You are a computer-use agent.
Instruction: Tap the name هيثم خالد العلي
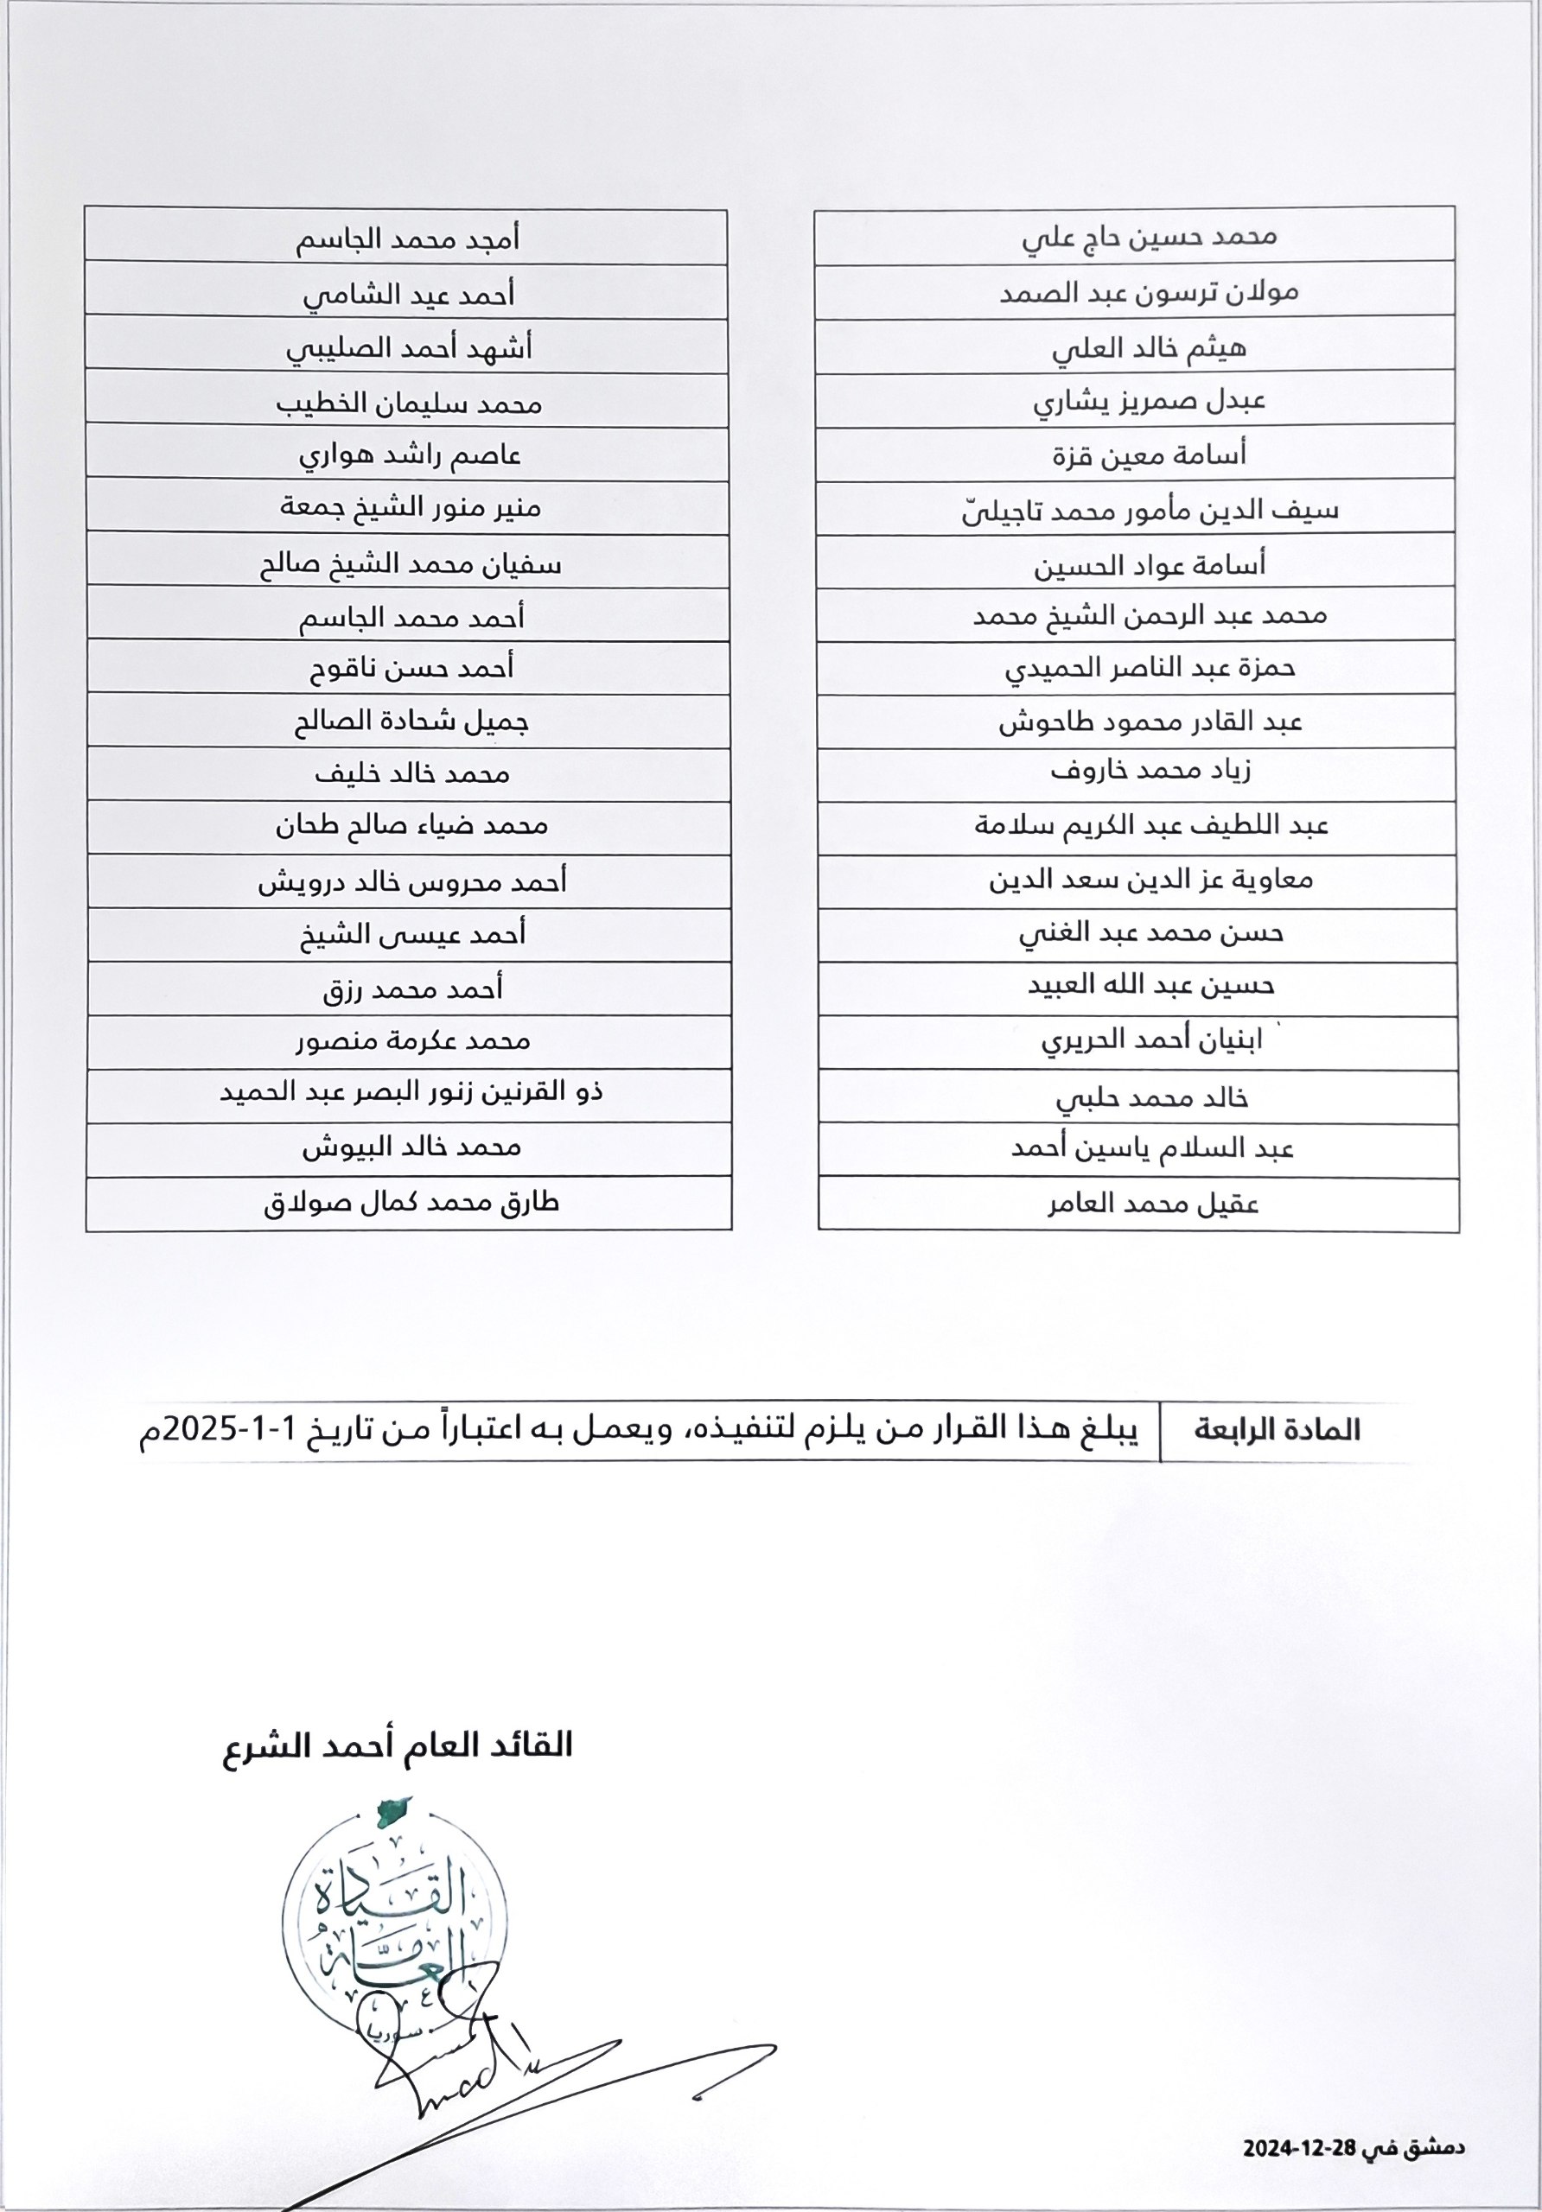click(x=1149, y=346)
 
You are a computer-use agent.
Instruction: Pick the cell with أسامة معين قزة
click(x=1149, y=454)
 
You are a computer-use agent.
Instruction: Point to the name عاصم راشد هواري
click(x=409, y=454)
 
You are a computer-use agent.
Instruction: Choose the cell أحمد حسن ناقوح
click(x=411, y=668)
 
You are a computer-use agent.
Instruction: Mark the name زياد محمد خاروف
click(x=1150, y=772)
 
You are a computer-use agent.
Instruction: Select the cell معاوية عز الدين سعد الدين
click(x=1150, y=880)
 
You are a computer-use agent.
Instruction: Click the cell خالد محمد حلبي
click(x=1151, y=1097)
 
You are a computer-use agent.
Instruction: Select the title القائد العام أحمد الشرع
click(x=398, y=1745)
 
